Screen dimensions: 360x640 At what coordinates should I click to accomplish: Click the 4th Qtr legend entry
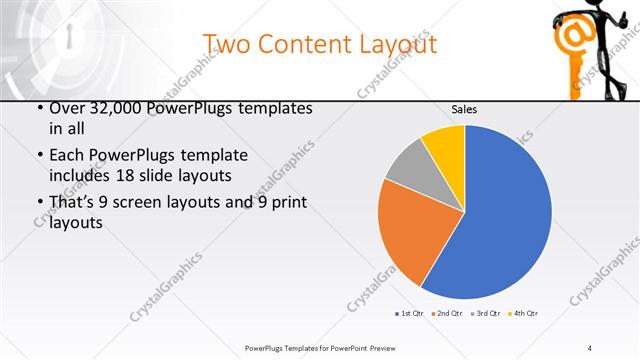pos(523,314)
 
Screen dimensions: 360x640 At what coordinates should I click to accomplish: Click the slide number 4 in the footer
pos(590,347)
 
